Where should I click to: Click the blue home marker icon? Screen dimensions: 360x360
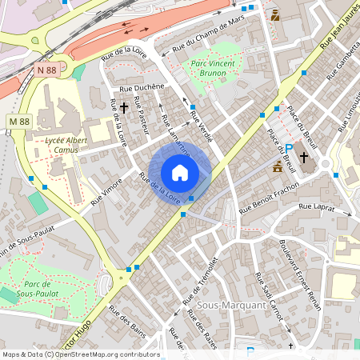[180, 172]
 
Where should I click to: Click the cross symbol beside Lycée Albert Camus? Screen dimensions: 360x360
[124, 106]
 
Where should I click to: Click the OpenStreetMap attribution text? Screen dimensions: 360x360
[81, 354]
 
